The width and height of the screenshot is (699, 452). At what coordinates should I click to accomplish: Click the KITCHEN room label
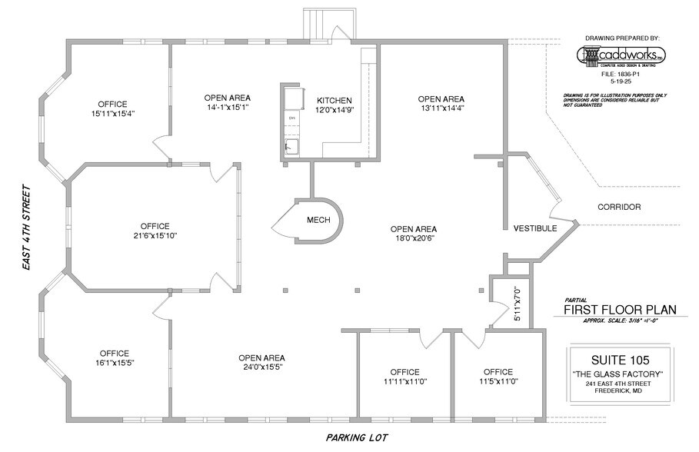[x=335, y=101]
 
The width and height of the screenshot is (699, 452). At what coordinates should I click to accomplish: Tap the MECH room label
[x=318, y=221]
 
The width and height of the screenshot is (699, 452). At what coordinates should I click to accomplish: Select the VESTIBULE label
[x=534, y=229]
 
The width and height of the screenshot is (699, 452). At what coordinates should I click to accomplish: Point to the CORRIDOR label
[x=618, y=208]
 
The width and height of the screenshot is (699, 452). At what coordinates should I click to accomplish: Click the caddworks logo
[x=622, y=56]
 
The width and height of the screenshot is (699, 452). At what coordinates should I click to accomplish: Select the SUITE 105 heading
[x=620, y=359]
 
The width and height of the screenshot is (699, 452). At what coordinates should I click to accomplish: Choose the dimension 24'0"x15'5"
[x=261, y=367]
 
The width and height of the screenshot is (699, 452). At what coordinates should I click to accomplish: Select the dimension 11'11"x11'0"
[x=404, y=381]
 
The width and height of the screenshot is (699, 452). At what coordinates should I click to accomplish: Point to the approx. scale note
[x=620, y=321]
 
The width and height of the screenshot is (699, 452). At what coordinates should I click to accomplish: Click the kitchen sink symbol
[x=292, y=146]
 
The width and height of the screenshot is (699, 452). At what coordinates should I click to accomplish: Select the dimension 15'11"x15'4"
[x=112, y=114]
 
